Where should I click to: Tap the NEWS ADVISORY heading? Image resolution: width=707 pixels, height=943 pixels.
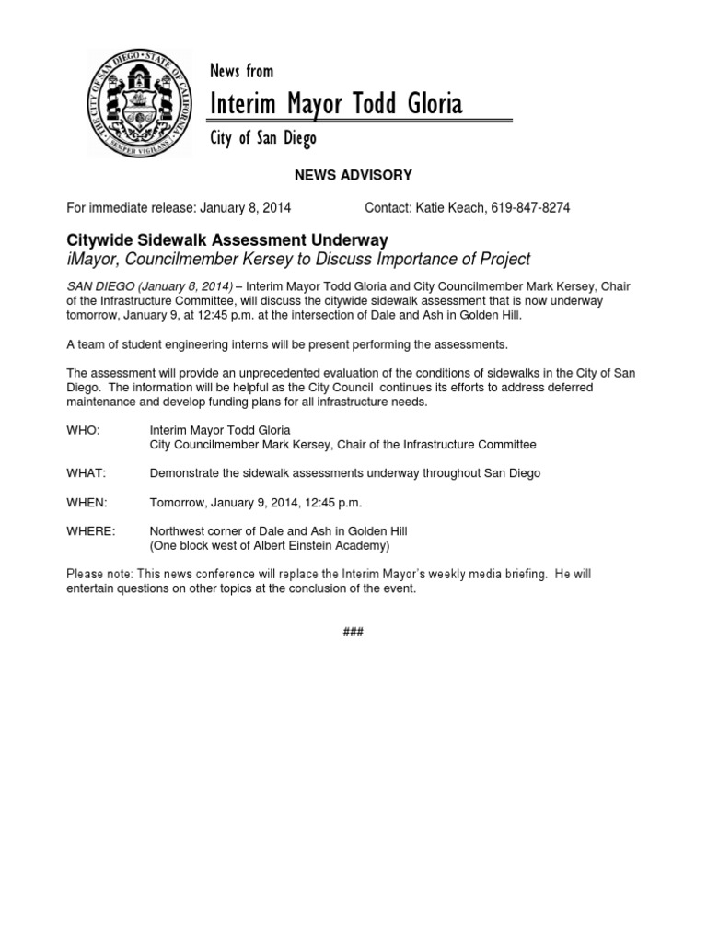353,175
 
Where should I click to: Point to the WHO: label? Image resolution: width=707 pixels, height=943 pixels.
83,430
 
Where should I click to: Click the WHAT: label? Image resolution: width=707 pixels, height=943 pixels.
87,473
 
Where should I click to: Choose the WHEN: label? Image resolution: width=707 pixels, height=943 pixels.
87,503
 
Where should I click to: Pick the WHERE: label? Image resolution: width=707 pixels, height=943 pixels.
91,531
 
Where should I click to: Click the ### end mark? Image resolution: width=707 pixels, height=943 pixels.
353,632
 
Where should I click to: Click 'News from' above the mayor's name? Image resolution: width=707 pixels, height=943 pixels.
241,72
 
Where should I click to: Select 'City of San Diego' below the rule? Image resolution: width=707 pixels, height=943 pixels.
263,139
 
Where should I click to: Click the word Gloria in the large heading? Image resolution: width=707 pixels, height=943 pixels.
429,105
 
